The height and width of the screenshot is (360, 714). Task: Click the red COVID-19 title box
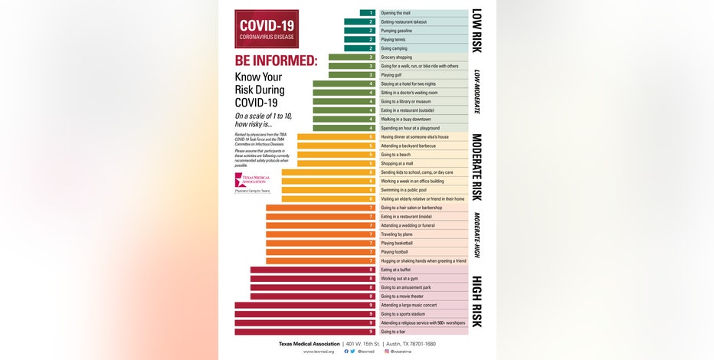coord(267,29)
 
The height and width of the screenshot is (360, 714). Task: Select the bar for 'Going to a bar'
coord(304,332)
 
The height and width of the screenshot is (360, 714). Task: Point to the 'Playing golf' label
coord(391,75)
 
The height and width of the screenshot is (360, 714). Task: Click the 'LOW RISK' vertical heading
coord(476,31)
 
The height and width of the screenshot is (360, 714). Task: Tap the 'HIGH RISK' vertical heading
coord(476,301)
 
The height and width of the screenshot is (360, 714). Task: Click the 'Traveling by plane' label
coord(398,234)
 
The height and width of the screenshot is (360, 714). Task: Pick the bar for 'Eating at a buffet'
coord(312,270)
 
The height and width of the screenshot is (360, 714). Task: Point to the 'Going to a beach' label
coord(396,155)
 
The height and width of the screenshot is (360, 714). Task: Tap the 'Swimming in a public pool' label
coord(403,190)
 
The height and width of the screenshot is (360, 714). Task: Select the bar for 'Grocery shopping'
coord(351,57)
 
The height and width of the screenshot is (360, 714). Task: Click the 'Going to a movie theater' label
coord(403,296)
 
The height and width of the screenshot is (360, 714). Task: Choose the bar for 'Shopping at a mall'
coord(335,163)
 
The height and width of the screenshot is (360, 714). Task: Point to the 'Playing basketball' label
coord(397,243)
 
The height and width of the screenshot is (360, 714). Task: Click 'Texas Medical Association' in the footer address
coord(309,344)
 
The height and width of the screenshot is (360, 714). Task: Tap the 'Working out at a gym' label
coord(400,279)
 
